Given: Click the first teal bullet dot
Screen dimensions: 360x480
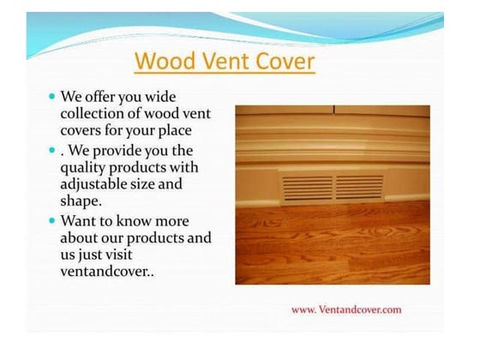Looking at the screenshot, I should click(x=52, y=98).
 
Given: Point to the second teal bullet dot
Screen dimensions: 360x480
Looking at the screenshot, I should click(x=52, y=151).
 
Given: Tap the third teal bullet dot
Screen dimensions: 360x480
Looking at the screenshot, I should click(x=52, y=220).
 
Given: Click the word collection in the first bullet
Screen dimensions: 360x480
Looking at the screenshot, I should click(x=95, y=114).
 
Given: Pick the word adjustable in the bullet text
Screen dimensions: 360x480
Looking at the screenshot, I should click(x=97, y=184).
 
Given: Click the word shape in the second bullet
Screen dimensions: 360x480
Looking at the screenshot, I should click(x=81, y=201).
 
